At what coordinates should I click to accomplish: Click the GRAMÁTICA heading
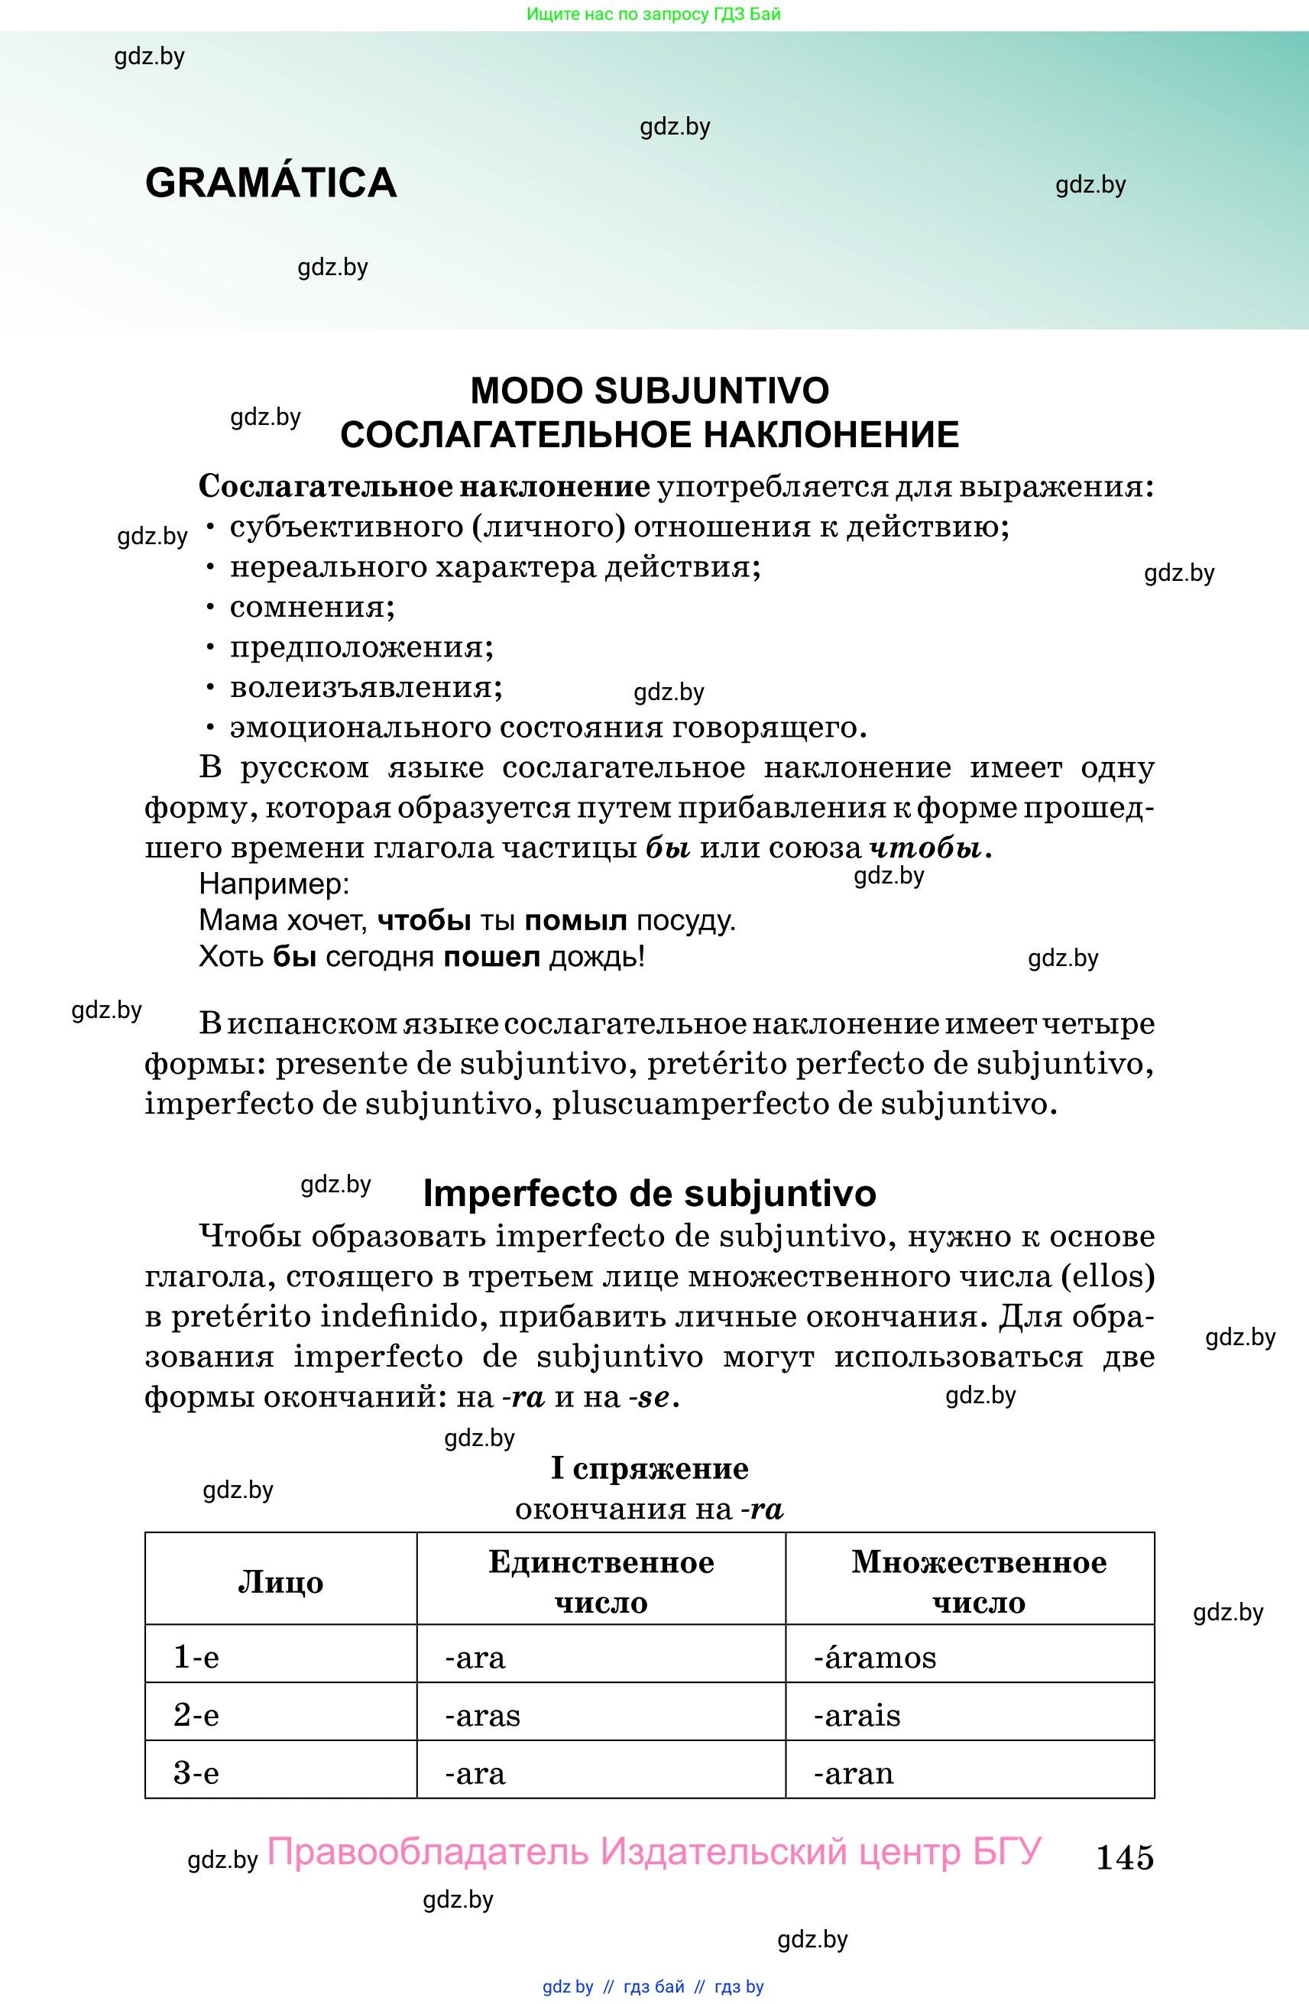point(271,183)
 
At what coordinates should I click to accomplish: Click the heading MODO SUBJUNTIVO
point(649,391)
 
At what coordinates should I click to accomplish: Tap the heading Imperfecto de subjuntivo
point(649,1193)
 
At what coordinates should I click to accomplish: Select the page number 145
point(1124,1856)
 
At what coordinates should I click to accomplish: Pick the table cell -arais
point(856,1715)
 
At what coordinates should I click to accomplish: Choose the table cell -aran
point(853,1773)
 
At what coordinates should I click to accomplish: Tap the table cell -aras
point(482,1715)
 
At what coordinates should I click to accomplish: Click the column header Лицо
point(280,1582)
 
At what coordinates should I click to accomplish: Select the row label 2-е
point(196,1715)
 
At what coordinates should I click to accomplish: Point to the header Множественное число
point(978,1582)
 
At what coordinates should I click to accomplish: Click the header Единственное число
point(601,1582)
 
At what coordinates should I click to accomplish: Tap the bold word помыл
point(575,920)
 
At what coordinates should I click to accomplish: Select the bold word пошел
point(491,958)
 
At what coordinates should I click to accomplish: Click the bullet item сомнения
point(312,607)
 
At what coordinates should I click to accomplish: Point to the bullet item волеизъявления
point(365,687)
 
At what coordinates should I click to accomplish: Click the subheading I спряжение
point(649,1468)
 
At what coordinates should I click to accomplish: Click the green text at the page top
point(653,15)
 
